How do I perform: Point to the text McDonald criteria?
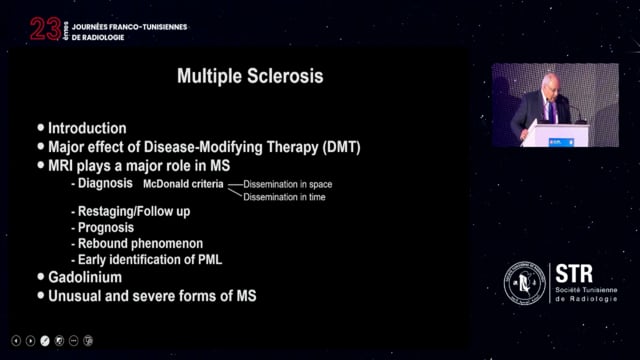183,185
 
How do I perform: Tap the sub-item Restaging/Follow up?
130,212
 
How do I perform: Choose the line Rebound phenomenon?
138,244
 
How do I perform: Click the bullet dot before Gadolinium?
41,277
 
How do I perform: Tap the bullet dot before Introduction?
41,128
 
